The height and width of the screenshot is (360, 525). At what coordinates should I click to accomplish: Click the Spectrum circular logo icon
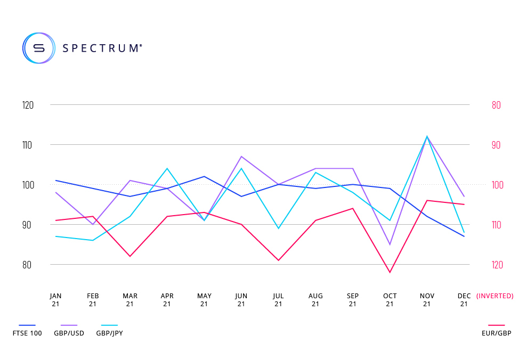38,48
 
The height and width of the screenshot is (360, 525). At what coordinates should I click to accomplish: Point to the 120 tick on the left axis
28,105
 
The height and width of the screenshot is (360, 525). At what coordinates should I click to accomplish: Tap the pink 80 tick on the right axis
496,105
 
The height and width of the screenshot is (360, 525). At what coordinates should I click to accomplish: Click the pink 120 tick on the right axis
497,265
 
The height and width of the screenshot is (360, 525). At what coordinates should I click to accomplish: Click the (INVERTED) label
495,296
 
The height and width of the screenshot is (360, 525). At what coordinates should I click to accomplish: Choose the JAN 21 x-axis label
55,300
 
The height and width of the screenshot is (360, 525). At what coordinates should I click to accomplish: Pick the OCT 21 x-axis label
390,300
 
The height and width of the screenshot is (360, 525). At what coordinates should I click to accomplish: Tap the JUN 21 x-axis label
241,300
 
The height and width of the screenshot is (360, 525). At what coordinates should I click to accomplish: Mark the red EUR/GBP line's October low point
390,273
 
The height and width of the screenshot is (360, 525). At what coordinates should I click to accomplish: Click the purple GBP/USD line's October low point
390,244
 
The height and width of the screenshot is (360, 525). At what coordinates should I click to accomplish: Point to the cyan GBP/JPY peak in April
167,168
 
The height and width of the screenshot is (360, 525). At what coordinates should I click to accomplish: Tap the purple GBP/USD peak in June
241,157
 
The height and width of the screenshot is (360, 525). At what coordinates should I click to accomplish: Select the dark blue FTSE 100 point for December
464,236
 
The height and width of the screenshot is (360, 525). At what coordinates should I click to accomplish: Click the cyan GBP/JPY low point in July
278,228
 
